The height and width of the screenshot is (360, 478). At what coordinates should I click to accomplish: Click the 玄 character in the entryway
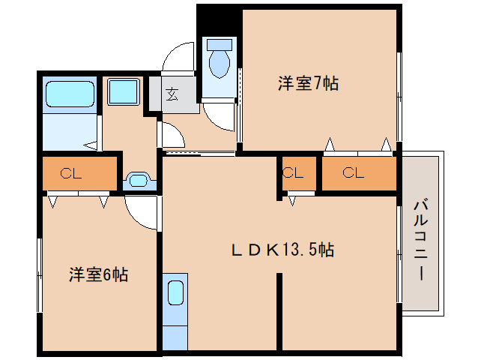pyautogui.click(x=172, y=94)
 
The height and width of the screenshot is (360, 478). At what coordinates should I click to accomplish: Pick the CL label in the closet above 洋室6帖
pyautogui.click(x=71, y=174)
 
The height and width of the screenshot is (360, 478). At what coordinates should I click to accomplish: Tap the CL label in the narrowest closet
pyautogui.click(x=293, y=173)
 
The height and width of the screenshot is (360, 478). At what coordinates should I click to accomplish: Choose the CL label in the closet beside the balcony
pyautogui.click(x=353, y=173)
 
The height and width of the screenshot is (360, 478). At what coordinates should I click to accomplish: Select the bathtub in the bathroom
pyautogui.click(x=69, y=95)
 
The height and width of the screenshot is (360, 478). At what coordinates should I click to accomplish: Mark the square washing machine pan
pyautogui.click(x=121, y=92)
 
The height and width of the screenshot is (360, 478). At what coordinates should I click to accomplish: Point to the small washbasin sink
pyautogui.click(x=138, y=180)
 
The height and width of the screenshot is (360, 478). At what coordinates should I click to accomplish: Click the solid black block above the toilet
pyautogui.click(x=217, y=18)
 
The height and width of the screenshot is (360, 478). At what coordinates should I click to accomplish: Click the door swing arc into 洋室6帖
pyautogui.click(x=142, y=212)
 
